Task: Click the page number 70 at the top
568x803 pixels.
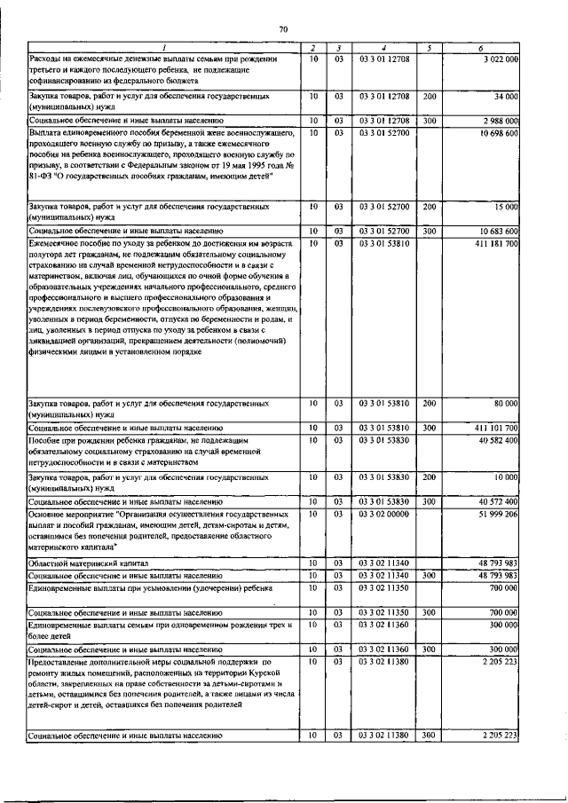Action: click(284, 29)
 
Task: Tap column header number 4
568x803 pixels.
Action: click(383, 47)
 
